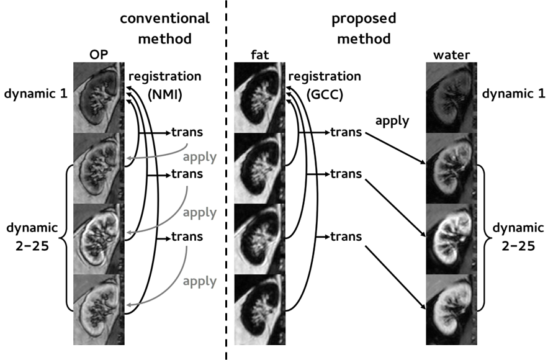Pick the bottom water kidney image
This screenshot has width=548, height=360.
(x=450, y=310)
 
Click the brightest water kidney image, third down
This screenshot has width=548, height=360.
(x=450, y=239)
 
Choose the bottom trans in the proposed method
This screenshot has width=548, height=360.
(x=347, y=236)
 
